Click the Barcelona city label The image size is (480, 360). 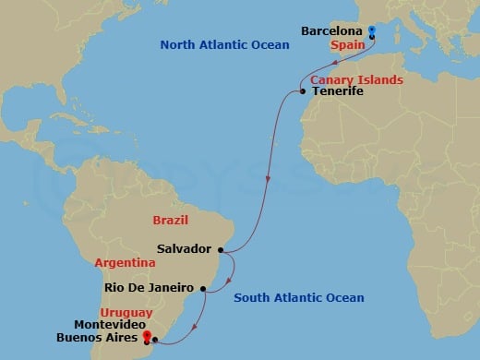pos(331,30)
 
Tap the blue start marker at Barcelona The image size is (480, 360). pos(371,31)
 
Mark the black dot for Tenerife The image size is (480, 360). pos(303,90)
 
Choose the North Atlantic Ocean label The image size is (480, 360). pos(218,44)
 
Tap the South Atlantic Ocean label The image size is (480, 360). pos(299,297)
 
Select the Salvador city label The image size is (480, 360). pos(185,248)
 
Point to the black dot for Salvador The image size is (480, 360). pos(221,248)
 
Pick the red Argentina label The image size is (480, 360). pos(124,263)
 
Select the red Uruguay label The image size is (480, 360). pos(129,313)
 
